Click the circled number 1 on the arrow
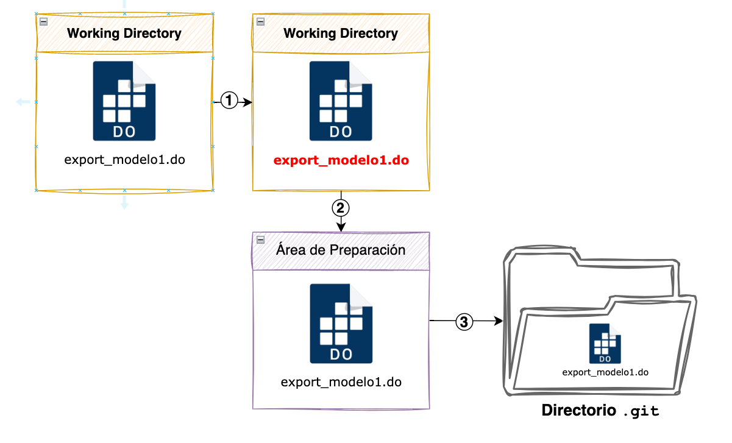tap(229, 101)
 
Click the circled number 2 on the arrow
tap(341, 208)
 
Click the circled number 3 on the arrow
tap(464, 321)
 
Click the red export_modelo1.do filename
tap(341, 161)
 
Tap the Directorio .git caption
tap(600, 411)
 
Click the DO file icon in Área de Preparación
tap(341, 324)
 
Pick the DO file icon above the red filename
tap(341, 101)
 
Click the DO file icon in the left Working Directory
tap(124, 101)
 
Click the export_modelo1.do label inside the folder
tap(605, 372)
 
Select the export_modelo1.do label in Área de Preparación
tap(341, 383)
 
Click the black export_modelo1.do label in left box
tap(124, 161)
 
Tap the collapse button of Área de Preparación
tap(260, 239)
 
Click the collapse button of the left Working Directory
tap(43, 21)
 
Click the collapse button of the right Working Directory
tap(260, 21)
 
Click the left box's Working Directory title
tap(124, 34)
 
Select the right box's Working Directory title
tap(341, 34)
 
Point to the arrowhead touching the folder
tap(497, 321)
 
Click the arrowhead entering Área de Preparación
tap(341, 227)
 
